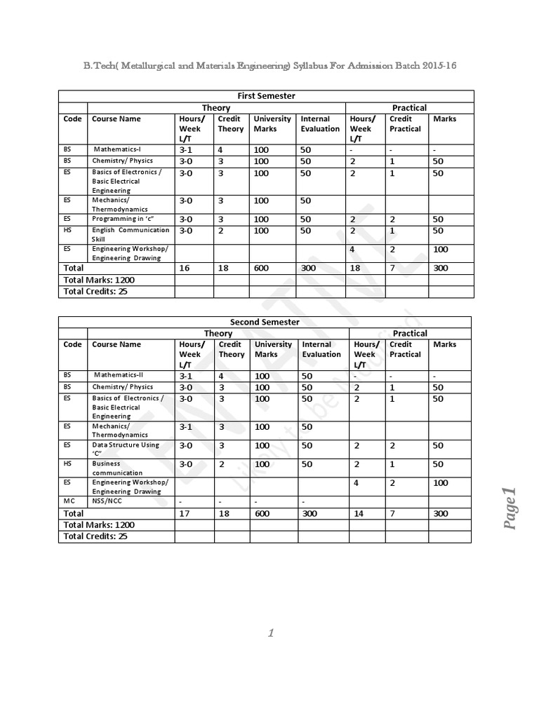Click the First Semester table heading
tap(266, 96)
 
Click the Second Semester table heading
tap(265, 322)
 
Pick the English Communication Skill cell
tap(130, 234)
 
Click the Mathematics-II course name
tap(119, 375)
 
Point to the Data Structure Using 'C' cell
tap(125, 449)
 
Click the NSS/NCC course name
tap(107, 501)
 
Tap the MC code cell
tap(68, 501)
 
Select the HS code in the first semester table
tap(67, 230)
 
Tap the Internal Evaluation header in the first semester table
tap(320, 124)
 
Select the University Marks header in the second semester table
tap(273, 349)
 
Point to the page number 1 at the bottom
tap(270, 633)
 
